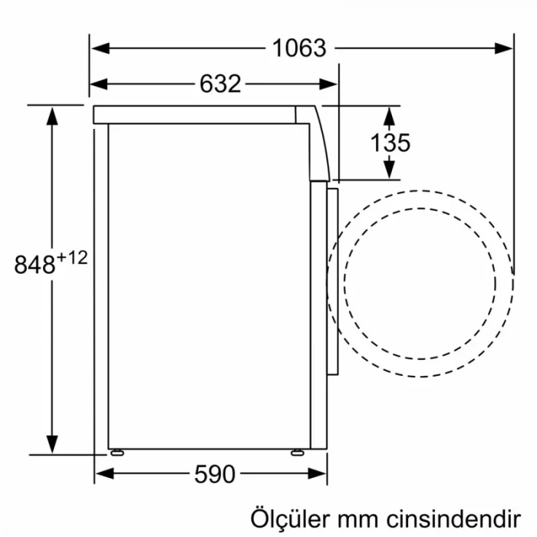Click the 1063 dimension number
tap(299, 48)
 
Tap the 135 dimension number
tap(390, 143)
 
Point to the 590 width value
tap(214, 475)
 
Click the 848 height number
tap(35, 265)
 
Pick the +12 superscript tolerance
tap(71, 258)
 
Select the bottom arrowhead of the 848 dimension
tap(52, 444)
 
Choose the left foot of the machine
tap(116, 452)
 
